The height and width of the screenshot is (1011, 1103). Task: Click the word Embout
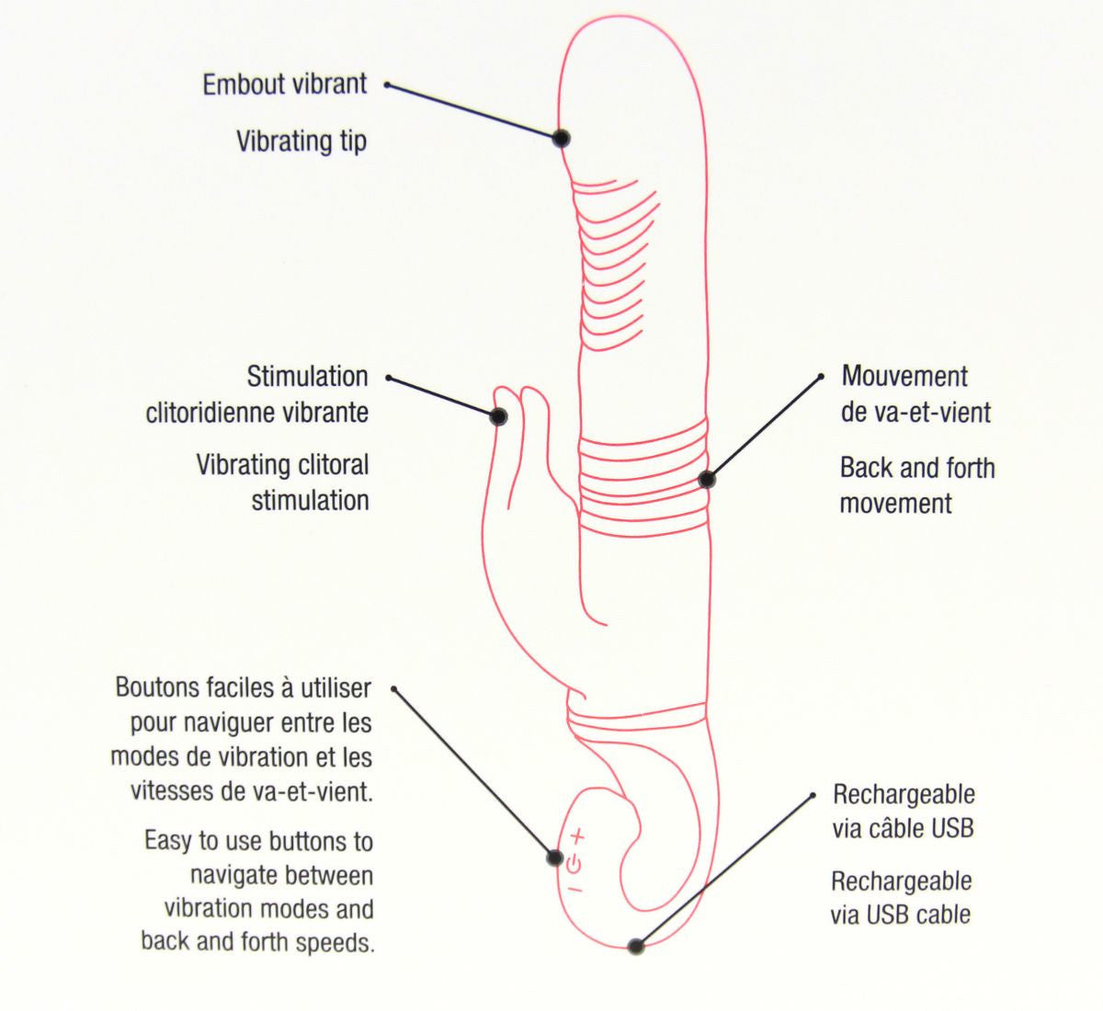point(242,85)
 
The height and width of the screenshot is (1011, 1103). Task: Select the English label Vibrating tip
point(301,142)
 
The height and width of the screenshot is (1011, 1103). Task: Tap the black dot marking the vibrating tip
point(561,138)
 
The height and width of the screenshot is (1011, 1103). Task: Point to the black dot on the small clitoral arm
point(498,416)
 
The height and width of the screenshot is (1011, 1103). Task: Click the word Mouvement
point(904,376)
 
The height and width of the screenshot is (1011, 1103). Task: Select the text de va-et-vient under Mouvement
point(915,412)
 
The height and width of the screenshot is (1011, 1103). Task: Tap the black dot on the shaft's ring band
point(706,479)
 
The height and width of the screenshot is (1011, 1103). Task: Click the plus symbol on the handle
point(576,836)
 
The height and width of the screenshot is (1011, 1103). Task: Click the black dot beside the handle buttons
point(554,858)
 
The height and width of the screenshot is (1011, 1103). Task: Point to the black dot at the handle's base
point(635,946)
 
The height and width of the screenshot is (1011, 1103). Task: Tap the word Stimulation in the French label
point(307,376)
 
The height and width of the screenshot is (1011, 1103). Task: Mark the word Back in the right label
point(866,468)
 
